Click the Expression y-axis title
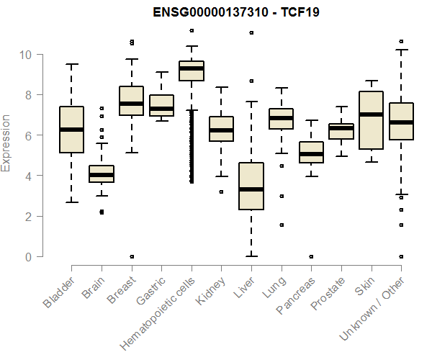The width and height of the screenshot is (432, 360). click(x=7, y=143)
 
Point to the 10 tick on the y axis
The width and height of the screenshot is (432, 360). click(x=25, y=55)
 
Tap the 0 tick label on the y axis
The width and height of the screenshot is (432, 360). click(x=28, y=256)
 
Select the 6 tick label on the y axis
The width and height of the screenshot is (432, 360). click(x=28, y=135)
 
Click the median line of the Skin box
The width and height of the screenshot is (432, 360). click(x=371, y=114)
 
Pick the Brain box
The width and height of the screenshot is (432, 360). click(x=102, y=174)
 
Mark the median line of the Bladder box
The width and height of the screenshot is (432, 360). click(x=71, y=130)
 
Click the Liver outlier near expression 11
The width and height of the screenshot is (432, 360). click(x=251, y=32)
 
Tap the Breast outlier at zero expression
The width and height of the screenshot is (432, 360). click(x=132, y=256)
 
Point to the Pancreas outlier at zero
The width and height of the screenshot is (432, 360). click(x=311, y=256)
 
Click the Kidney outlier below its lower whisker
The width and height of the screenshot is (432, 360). click(x=222, y=192)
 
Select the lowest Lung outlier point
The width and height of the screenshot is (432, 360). click(x=281, y=225)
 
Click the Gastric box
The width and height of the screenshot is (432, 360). click(x=161, y=105)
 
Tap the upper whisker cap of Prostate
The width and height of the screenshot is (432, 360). click(x=341, y=107)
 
